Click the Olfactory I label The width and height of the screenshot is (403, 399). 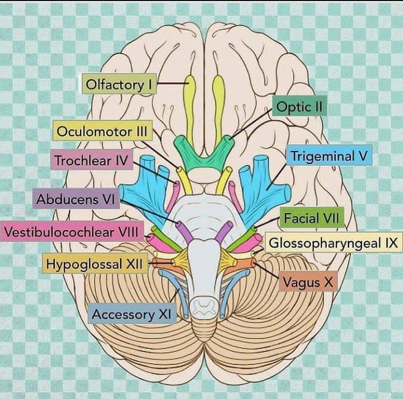(119, 85)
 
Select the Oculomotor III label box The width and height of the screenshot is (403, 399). (102, 132)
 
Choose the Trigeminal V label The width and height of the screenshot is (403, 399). (330, 157)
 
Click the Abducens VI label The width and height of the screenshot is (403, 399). (76, 199)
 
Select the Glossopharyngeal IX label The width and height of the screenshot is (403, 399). (332, 244)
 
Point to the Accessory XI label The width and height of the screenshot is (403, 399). (130, 314)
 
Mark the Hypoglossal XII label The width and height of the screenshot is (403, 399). (96, 263)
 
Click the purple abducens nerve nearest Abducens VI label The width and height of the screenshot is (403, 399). (185, 231)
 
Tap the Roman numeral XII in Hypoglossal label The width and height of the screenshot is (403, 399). (136, 263)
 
